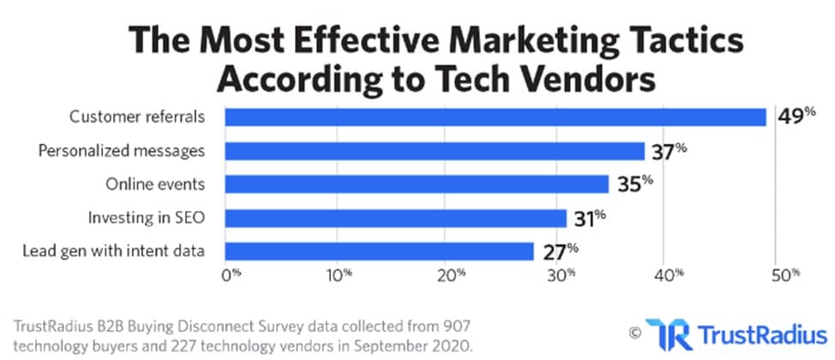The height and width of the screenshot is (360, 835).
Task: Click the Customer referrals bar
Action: point(495,117)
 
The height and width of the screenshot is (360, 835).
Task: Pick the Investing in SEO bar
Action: point(395,218)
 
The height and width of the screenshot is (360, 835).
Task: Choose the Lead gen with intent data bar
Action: point(378,250)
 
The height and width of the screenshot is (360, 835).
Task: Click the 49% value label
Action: point(791,116)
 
